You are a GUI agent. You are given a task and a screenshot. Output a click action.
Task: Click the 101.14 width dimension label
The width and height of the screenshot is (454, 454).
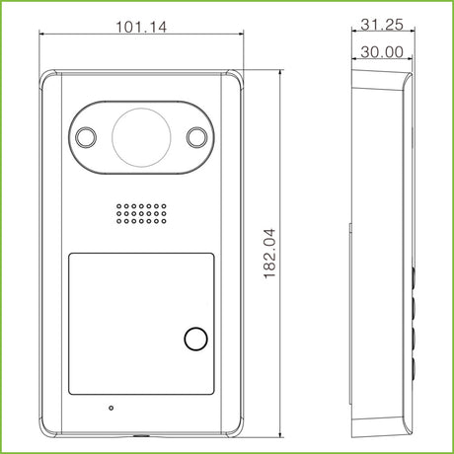(x=141, y=27)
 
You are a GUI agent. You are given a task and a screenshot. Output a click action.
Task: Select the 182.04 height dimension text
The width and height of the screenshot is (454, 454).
(x=269, y=254)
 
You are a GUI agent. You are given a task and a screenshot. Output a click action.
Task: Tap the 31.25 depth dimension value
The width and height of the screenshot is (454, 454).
(x=382, y=25)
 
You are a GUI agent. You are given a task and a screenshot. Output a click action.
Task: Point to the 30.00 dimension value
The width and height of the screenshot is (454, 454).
(x=382, y=52)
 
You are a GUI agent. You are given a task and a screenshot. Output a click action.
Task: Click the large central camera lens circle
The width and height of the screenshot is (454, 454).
(x=141, y=137)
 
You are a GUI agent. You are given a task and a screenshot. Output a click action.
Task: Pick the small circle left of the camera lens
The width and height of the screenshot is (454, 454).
(x=86, y=137)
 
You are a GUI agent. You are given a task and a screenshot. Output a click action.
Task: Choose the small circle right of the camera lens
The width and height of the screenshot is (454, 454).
(x=197, y=137)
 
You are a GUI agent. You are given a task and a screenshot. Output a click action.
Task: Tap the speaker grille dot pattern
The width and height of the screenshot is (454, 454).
(x=141, y=214)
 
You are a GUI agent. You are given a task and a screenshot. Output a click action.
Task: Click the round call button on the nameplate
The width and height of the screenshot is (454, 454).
(x=196, y=339)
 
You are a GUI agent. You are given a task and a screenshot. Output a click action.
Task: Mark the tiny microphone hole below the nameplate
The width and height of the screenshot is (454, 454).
(x=112, y=408)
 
